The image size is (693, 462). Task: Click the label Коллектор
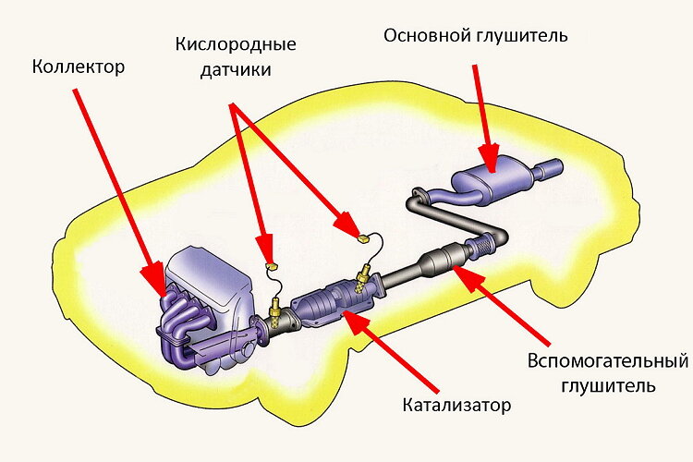coord(78,67)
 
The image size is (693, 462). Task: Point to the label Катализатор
coord(456,405)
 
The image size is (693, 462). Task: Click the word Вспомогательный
coord(609,359)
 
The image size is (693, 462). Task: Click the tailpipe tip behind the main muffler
coord(551,170)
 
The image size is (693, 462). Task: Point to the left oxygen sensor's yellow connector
coord(272,266)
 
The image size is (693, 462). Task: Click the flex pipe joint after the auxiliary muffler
coord(481,246)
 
